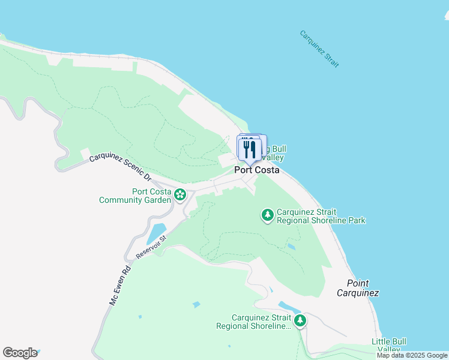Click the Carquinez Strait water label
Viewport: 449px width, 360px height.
click(319, 49)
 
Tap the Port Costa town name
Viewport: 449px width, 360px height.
click(256, 170)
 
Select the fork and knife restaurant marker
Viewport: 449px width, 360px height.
click(250, 149)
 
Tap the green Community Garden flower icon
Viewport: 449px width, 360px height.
click(180, 194)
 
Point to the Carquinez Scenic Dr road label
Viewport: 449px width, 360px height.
click(120, 167)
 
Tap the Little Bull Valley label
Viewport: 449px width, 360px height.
click(388, 346)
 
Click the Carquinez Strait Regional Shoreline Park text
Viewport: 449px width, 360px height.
click(321, 216)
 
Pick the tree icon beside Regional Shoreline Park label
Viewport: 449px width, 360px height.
click(268, 215)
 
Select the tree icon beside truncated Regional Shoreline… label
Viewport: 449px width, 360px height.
click(300, 320)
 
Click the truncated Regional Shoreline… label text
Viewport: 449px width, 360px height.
click(253, 322)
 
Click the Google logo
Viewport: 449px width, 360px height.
click(20, 353)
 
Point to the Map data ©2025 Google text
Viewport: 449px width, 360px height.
click(412, 355)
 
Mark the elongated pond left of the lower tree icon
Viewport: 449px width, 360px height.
click(286, 307)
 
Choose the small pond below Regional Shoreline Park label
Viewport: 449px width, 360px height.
click(291, 246)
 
